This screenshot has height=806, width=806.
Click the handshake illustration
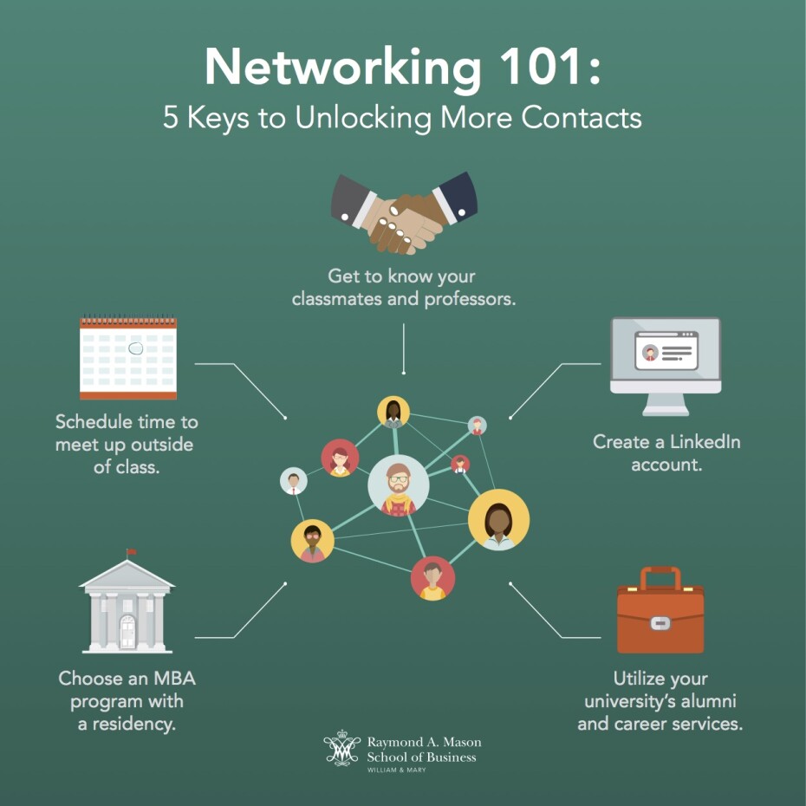(x=404, y=213)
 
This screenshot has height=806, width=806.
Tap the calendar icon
(x=128, y=357)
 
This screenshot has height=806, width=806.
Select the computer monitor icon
(x=665, y=365)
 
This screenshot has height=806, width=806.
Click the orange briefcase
(x=660, y=610)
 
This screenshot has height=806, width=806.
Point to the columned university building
(x=127, y=607)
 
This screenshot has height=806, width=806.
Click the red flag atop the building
(x=132, y=551)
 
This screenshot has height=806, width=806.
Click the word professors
(x=469, y=299)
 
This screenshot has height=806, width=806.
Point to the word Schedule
(x=90, y=422)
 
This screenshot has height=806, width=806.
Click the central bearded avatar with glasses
(x=399, y=485)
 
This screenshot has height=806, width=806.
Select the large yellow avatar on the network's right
(x=498, y=519)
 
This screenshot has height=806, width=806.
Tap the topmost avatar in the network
(x=393, y=412)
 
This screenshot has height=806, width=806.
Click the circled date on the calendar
(x=135, y=348)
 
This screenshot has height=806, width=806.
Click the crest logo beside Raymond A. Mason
(x=341, y=749)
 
